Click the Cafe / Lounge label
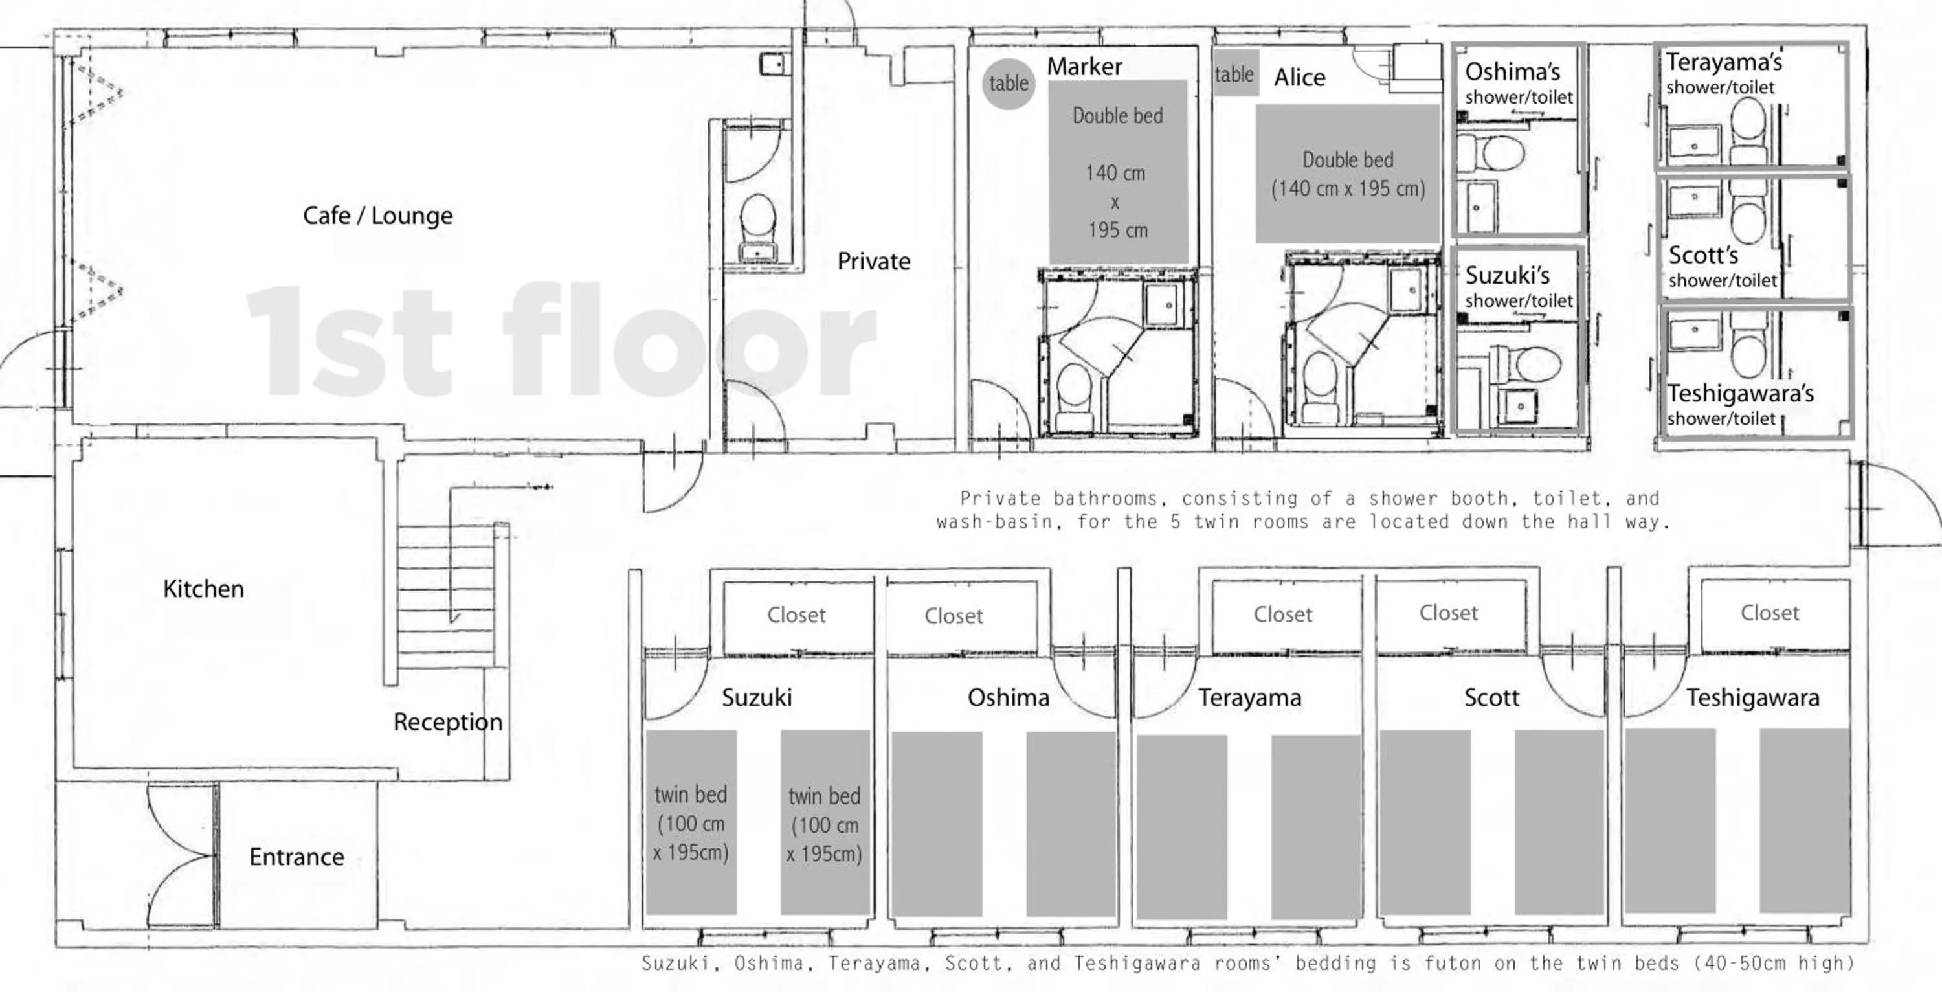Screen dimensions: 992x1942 [377, 216]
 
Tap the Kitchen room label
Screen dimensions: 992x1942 [203, 589]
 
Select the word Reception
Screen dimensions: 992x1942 [448, 722]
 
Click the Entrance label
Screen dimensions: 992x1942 [296, 857]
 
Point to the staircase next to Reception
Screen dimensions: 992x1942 [445, 596]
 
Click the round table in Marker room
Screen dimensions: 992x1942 [1008, 83]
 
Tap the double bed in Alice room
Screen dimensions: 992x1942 [1347, 174]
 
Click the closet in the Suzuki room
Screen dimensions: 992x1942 [796, 614]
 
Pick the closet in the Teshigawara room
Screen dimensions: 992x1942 [1769, 613]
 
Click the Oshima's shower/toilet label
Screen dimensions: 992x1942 [1517, 82]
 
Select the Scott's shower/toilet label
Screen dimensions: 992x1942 [1722, 266]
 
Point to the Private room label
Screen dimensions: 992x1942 [874, 261]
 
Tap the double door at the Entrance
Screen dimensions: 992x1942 [181, 855]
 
